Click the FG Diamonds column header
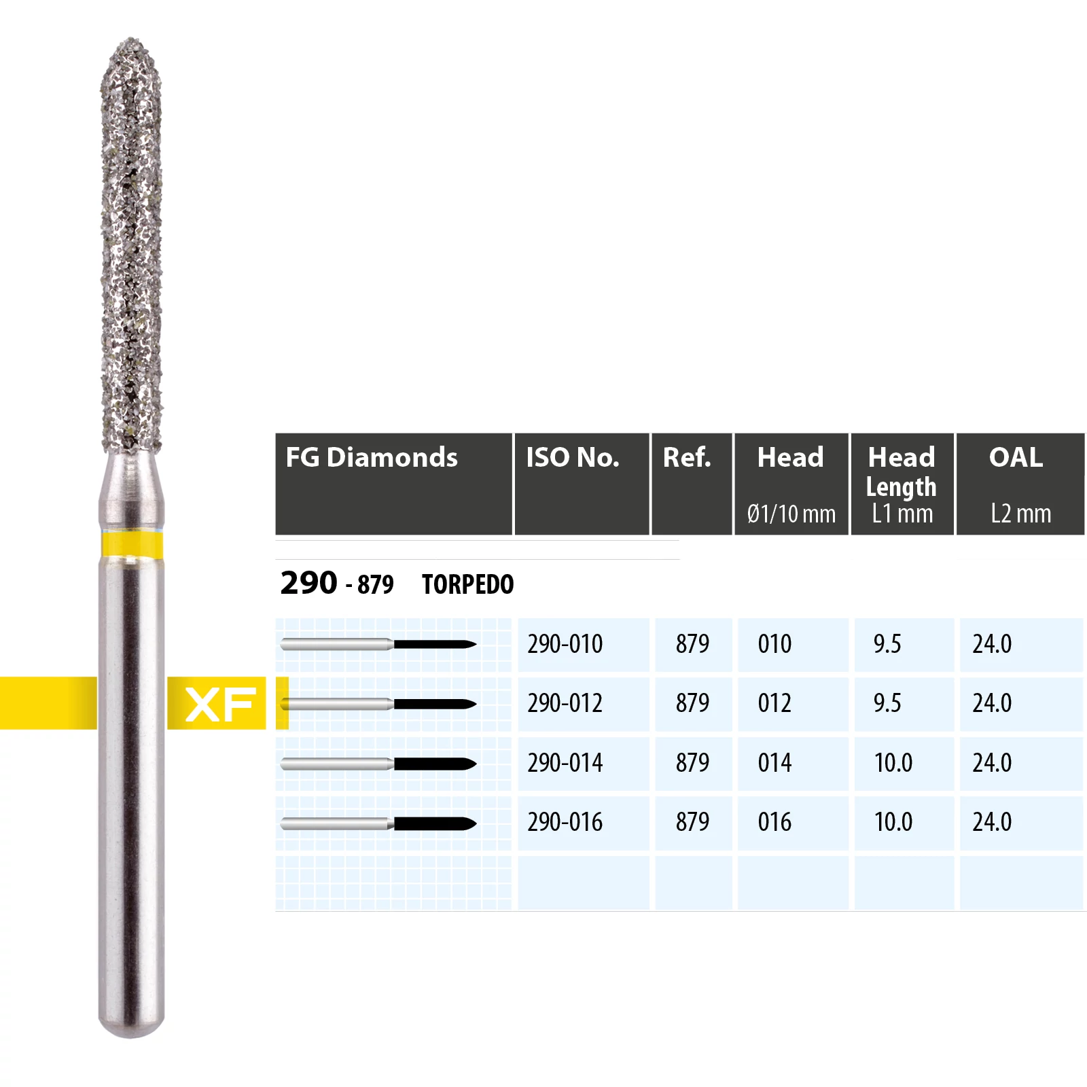click(x=393, y=484)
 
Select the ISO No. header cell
click(x=582, y=484)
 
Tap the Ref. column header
click(x=692, y=484)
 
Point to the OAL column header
click(x=1020, y=484)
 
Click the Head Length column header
click(x=902, y=484)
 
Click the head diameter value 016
click(x=774, y=822)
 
